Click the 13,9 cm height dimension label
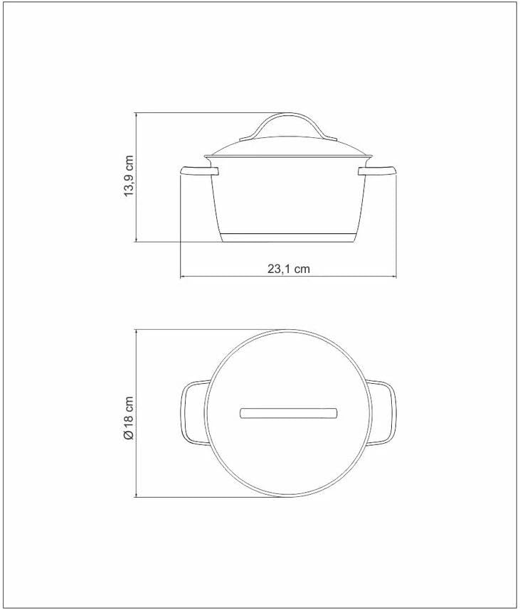[129, 176]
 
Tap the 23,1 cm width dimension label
[288, 269]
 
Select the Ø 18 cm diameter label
[129, 419]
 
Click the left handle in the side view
[200, 171]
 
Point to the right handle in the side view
[377, 171]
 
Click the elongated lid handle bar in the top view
[288, 413]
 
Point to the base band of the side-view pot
[288, 237]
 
